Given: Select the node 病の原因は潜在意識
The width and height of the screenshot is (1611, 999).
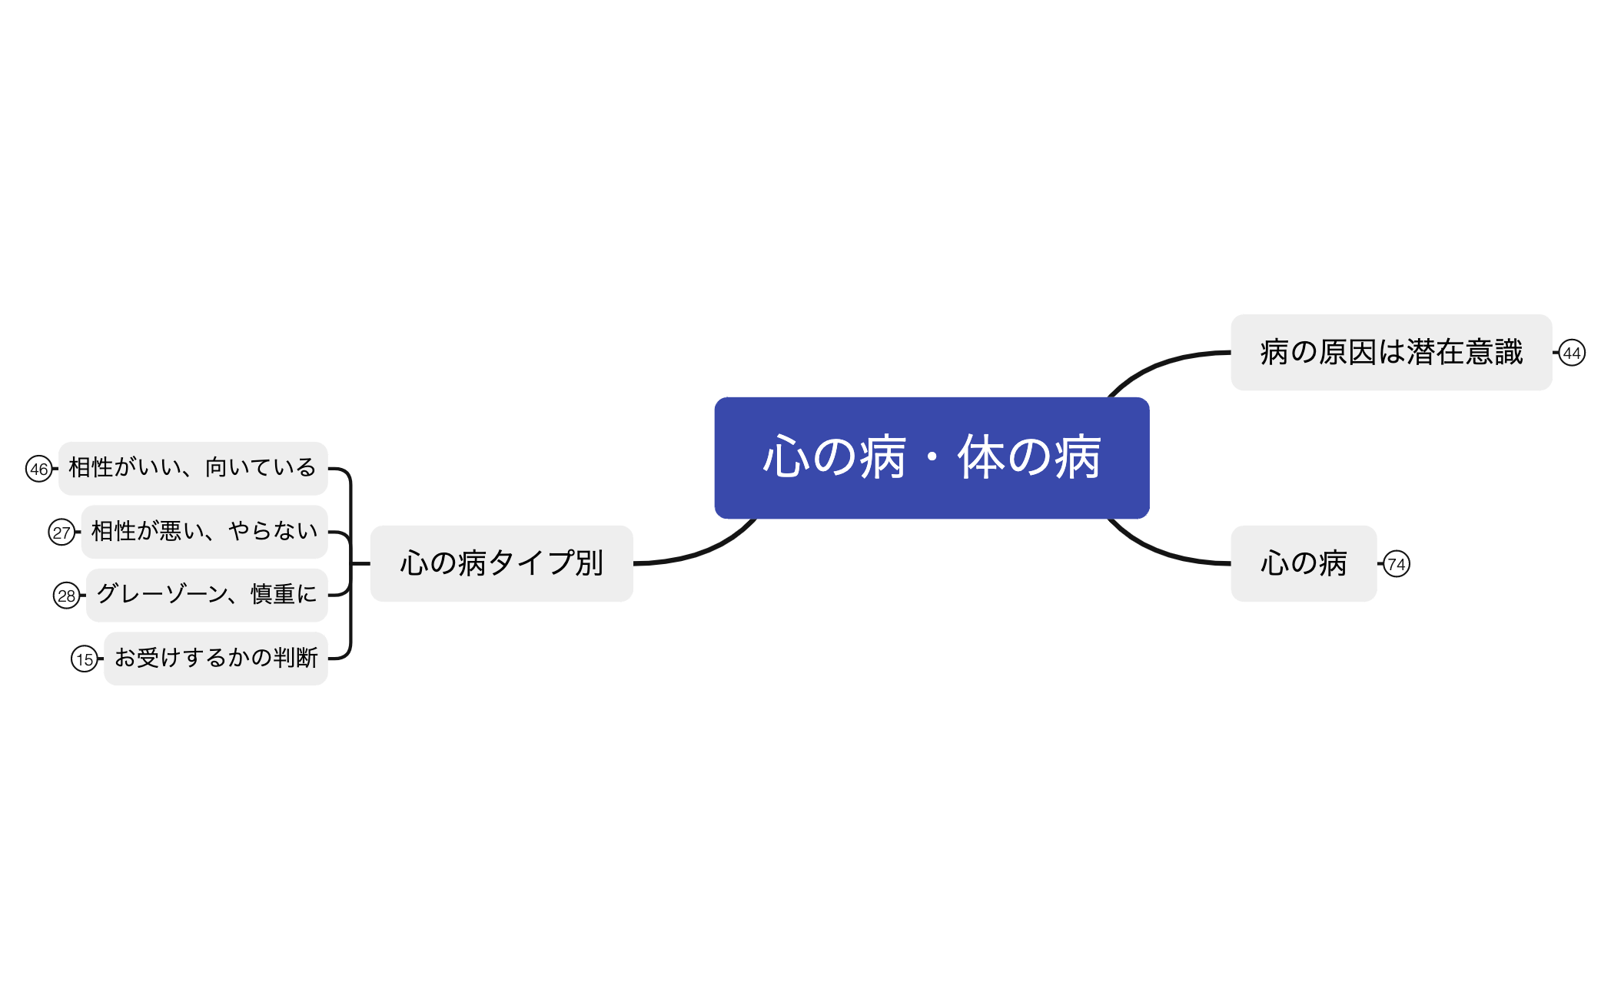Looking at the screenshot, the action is (x=1390, y=352).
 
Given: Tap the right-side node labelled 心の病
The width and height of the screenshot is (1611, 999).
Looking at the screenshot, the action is (x=1303, y=563).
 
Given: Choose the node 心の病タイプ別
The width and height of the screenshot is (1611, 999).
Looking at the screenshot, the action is (x=501, y=563).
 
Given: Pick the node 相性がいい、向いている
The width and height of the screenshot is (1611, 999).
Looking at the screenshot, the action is (x=192, y=468).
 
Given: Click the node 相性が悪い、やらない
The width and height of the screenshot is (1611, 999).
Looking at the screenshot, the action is (x=204, y=532).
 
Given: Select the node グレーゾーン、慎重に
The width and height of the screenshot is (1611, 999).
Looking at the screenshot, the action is (x=206, y=595).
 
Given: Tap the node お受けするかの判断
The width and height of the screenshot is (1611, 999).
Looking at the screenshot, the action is (x=215, y=659).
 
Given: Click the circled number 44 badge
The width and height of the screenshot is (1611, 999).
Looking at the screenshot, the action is (x=1571, y=353).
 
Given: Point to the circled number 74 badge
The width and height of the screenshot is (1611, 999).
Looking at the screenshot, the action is (x=1396, y=564).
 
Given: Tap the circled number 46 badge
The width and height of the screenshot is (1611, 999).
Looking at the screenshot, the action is (x=38, y=469).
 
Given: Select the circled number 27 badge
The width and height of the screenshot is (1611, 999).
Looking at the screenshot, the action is (x=61, y=532).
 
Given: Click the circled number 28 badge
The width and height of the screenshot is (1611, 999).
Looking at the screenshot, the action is (x=66, y=596).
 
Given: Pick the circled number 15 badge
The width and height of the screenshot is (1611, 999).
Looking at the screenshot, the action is (x=85, y=659).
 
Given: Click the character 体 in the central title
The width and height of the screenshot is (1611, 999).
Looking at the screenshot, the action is (x=981, y=457).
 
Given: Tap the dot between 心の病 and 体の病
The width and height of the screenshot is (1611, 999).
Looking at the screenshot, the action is (x=932, y=458).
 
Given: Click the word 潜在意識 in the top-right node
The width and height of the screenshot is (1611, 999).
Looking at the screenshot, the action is (x=1465, y=352).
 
